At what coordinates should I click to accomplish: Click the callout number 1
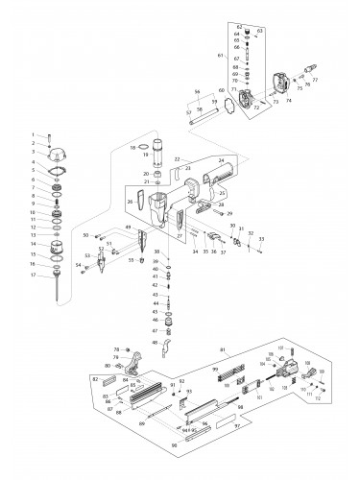point(33,134)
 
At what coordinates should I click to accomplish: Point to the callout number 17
point(33,276)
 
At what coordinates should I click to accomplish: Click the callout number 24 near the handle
point(221,160)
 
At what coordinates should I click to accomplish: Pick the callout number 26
point(129,202)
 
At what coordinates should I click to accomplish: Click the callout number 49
point(128,227)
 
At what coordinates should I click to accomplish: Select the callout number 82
point(95,380)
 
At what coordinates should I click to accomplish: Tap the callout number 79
point(114,356)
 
